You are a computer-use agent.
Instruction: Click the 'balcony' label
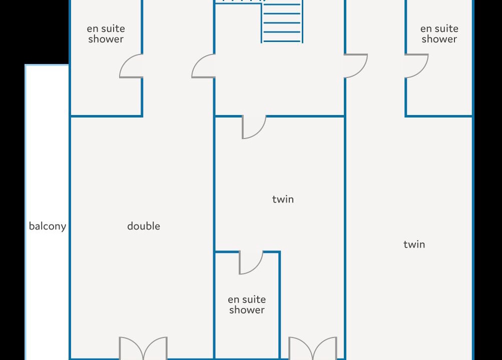48,226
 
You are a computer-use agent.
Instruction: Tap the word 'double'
144,226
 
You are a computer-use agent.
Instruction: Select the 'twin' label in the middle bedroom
283,199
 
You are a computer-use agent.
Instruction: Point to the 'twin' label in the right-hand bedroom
414,244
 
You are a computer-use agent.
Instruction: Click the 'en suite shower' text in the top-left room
106,33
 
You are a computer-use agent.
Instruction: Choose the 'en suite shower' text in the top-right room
439,33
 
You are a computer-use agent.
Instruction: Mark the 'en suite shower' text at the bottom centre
247,304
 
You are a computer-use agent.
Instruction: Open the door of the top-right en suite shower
416,66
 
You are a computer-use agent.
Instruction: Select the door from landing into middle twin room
254,127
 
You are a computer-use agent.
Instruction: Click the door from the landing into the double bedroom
203,66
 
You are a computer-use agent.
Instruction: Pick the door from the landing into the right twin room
356,66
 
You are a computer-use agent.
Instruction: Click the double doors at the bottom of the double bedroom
143,348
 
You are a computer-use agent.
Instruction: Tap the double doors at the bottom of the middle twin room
313,348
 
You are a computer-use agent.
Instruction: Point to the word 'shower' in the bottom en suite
247,310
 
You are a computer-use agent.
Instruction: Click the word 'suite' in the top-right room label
446,28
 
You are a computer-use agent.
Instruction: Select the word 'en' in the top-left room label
92,29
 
